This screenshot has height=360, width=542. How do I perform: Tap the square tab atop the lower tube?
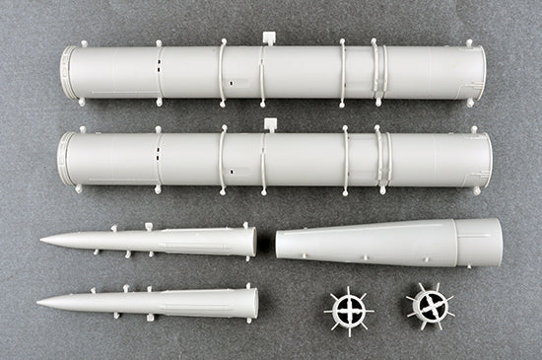coord(268,125)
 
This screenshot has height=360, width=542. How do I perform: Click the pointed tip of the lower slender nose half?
coord(39,302)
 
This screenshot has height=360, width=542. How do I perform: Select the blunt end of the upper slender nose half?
coord(253,241)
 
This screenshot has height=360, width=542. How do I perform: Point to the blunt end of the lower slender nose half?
coord(254,303)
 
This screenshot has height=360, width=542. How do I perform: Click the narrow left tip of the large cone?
coord(280,246)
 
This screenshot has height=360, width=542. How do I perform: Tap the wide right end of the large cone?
coord(497,242)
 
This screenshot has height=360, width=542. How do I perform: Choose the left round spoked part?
coord(349,309)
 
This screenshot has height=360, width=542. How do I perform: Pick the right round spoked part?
coord(430,306)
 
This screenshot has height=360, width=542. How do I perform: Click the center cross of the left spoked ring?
coord(349,309)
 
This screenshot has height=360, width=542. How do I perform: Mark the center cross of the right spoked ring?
coord(430,306)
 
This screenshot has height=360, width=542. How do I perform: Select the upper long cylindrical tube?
coord(276,72)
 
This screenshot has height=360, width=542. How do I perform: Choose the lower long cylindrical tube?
coord(276,159)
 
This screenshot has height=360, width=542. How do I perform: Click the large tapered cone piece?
coord(394,243)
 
